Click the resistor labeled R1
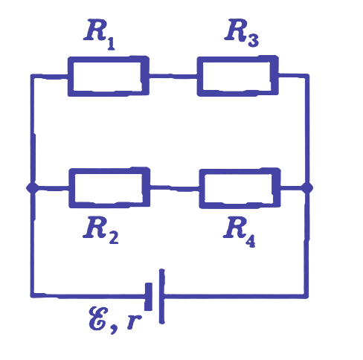click(109, 76)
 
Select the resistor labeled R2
click(109, 187)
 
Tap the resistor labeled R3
click(238, 76)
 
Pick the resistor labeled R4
click(240, 188)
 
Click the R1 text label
click(99, 34)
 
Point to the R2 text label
click(100, 230)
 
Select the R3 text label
click(242, 33)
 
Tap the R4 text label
click(240, 231)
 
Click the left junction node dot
click(33, 187)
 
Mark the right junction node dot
click(306, 187)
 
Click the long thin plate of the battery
click(161, 296)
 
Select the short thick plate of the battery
click(149, 296)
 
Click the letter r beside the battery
click(134, 321)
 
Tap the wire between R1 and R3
click(173, 76)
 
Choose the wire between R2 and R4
click(175, 188)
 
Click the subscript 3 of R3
click(253, 40)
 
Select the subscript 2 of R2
click(113, 237)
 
